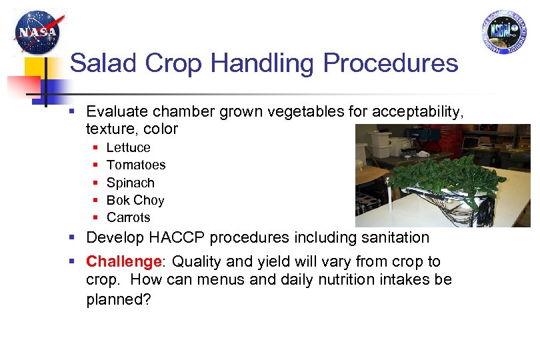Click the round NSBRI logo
503,31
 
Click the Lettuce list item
128,147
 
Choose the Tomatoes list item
135,165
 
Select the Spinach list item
130,183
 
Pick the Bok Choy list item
135,200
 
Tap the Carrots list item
128,217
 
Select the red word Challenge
125,261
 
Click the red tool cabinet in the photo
453,141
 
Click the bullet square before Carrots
95,218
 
